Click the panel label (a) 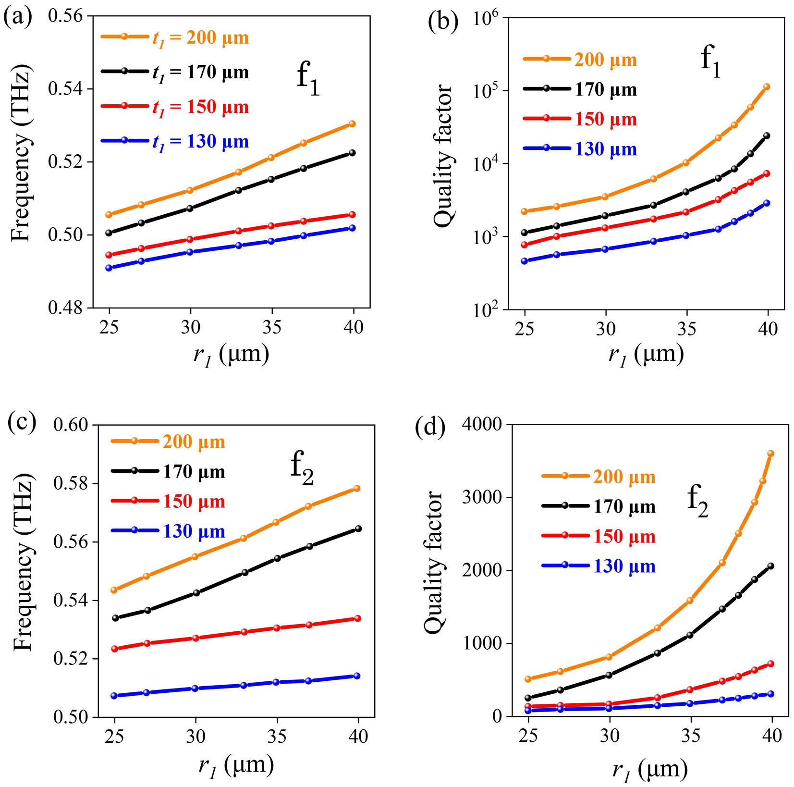coord(17,17)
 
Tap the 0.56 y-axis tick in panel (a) coord(65,16)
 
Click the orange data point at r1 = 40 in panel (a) coord(352,124)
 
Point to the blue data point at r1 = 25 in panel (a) coord(109,268)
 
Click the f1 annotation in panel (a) coord(308,78)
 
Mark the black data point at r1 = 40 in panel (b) coord(767,136)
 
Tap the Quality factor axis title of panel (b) coord(443,156)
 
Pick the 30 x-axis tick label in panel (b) coord(606,329)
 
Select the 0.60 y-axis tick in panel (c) coord(71,425)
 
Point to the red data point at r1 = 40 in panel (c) coord(357,619)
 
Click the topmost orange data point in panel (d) coord(771,454)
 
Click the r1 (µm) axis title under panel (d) coord(649,771)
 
